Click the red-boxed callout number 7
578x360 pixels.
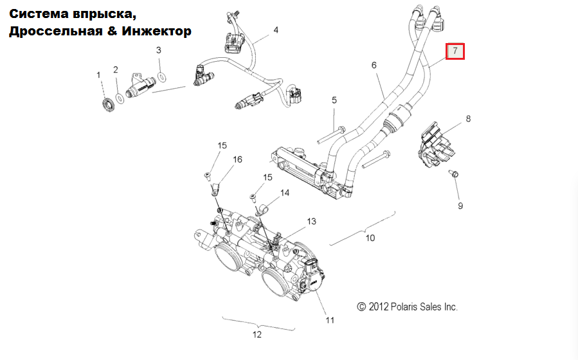click(x=455, y=50)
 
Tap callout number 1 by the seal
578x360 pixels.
click(x=99, y=75)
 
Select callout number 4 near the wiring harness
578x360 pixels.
click(x=276, y=30)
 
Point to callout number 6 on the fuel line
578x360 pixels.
click(x=374, y=64)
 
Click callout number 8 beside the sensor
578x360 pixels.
click(x=468, y=118)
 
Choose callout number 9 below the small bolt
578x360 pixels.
click(x=460, y=206)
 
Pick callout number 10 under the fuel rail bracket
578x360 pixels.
click(x=370, y=238)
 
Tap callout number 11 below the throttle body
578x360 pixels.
click(x=329, y=319)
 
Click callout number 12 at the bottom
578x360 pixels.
click(x=257, y=334)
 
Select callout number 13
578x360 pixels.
click(x=311, y=222)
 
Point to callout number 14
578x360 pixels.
click(x=284, y=192)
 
